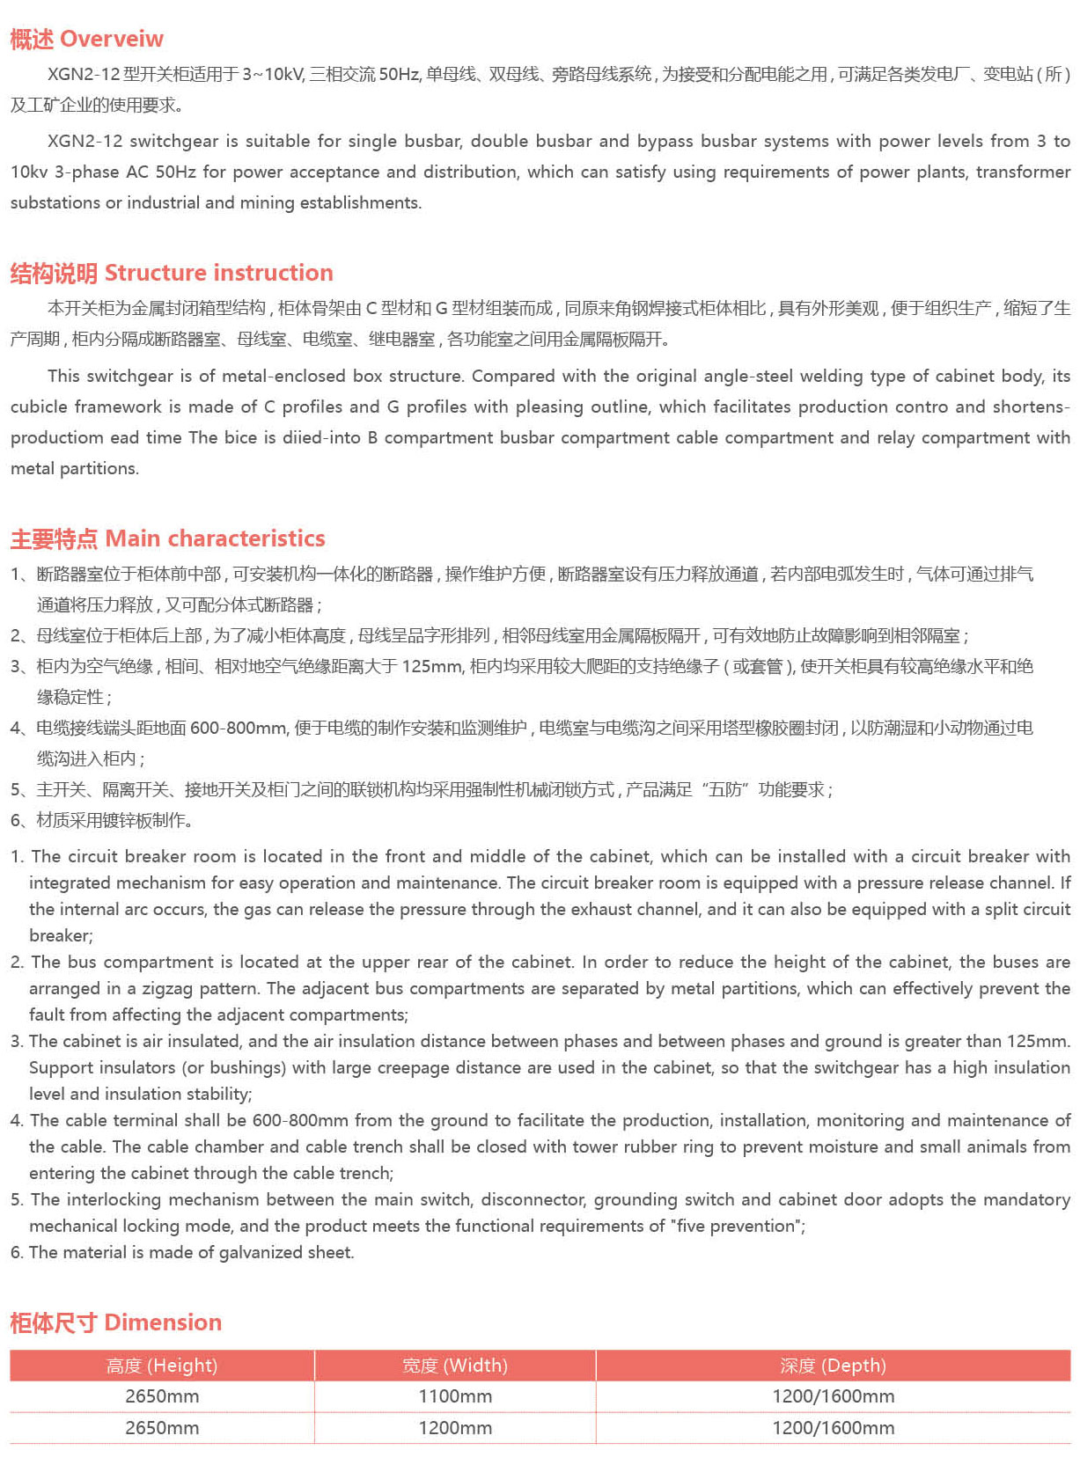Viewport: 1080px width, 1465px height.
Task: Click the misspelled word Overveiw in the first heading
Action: point(112,40)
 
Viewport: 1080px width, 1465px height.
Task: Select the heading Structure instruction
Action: point(218,273)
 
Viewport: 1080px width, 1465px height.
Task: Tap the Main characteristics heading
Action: point(215,538)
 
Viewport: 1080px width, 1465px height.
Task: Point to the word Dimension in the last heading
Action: point(163,1322)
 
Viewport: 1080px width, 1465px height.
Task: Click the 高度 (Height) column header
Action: point(162,1366)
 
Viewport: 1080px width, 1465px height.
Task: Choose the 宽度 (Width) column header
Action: point(454,1366)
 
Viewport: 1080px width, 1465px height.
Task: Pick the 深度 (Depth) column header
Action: point(833,1366)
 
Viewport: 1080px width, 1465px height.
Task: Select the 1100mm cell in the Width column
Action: point(454,1396)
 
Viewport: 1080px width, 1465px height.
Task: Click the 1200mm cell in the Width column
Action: point(454,1428)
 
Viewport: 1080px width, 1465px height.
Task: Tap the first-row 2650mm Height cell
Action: point(162,1396)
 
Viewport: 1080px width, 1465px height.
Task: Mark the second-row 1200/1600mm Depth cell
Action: point(833,1428)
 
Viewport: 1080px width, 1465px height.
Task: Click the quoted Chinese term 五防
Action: point(725,790)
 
